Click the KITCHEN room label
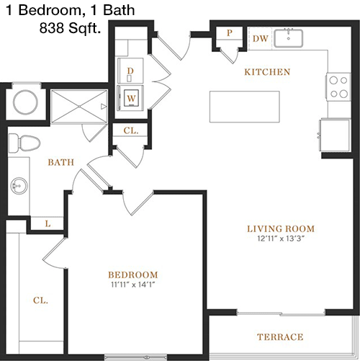click(267, 72)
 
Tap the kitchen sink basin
click(289, 38)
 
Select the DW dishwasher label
click(261, 38)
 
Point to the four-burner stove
click(338, 87)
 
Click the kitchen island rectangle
click(245, 107)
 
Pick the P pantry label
click(230, 33)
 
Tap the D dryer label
click(130, 71)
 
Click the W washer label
click(131, 98)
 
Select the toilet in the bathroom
click(24, 143)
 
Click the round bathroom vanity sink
click(19, 186)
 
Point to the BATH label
click(61, 162)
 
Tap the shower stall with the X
click(79, 106)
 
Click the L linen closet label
click(48, 224)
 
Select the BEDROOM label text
click(133, 275)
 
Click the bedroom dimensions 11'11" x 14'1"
click(133, 285)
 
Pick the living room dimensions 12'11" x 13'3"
click(281, 239)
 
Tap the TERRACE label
click(280, 337)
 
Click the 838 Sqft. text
click(70, 28)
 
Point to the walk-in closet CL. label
click(40, 300)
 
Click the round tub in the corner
click(25, 102)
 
